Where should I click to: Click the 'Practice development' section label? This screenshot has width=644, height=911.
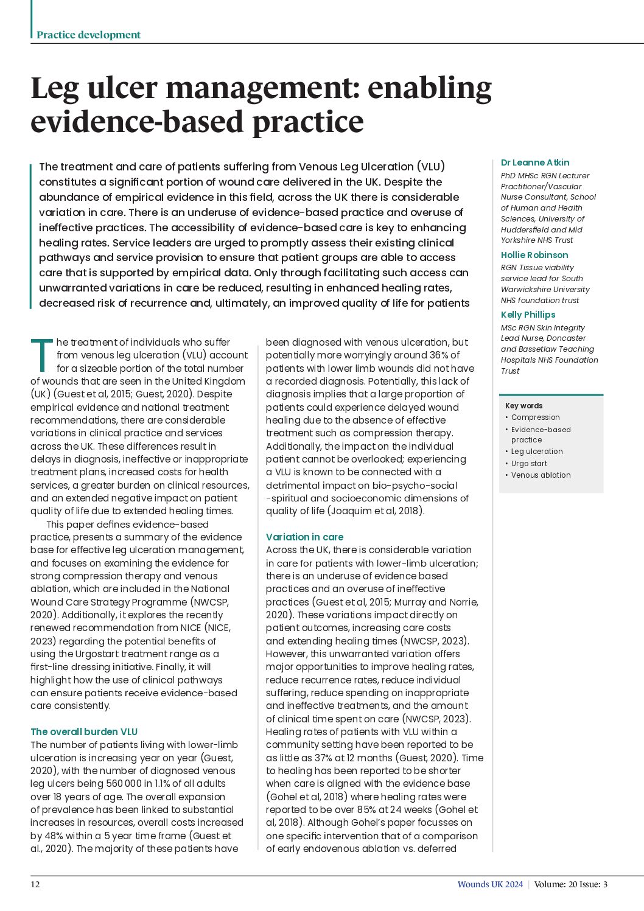88,35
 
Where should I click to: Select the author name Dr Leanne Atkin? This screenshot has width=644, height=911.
535,162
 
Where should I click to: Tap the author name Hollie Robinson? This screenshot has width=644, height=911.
534,255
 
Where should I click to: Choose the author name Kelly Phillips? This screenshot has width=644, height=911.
528,315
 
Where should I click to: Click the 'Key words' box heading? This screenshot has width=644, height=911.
523,406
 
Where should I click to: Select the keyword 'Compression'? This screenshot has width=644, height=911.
535,417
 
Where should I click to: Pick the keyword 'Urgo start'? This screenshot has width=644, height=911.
529,464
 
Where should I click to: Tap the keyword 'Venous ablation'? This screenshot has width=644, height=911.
541,475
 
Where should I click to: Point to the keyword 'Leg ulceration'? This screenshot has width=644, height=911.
537,452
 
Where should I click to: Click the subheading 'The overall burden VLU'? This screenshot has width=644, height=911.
84,732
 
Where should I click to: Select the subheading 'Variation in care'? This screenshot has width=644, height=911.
304,537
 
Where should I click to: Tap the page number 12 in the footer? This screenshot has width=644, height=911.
35,884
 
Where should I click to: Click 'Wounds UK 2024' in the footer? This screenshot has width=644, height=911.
490,884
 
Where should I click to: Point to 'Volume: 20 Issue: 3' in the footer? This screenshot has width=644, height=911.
571,884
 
